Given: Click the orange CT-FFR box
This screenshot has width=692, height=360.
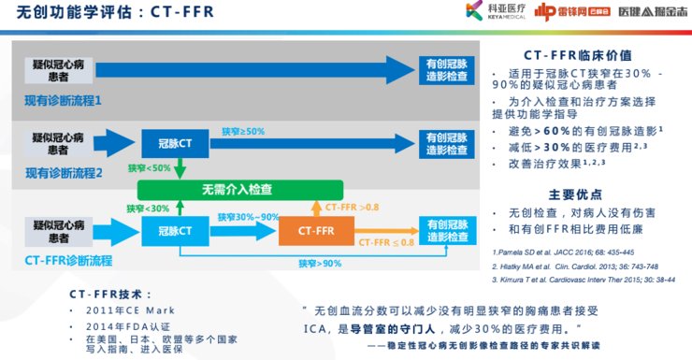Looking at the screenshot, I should tap(317, 229).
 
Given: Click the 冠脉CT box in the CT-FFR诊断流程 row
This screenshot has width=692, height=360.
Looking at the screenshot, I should tap(175, 229).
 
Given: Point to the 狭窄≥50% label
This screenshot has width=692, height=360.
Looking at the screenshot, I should tap(243, 131).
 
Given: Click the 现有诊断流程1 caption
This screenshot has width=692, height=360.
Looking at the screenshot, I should tap(65, 99).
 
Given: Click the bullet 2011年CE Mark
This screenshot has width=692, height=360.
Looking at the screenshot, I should tap(130, 310).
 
